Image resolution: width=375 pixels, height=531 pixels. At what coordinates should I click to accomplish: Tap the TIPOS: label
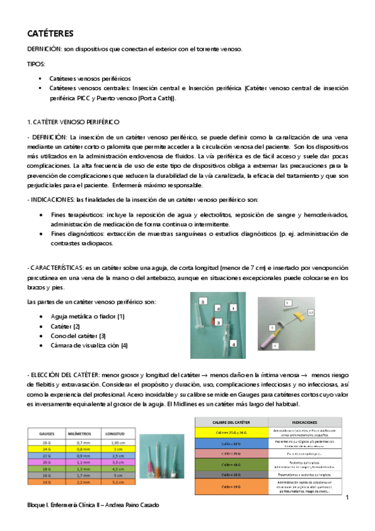click(36, 64)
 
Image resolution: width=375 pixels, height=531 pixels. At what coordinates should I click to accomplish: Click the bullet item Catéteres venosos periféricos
click(90, 79)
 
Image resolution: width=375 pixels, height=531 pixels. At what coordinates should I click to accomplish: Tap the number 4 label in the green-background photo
click(233, 343)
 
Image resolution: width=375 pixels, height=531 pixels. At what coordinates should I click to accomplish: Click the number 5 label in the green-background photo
click(202, 301)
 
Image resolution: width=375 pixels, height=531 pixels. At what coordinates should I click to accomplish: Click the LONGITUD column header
click(118, 433)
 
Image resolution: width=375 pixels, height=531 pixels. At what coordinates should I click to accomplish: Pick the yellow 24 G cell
click(46, 449)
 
